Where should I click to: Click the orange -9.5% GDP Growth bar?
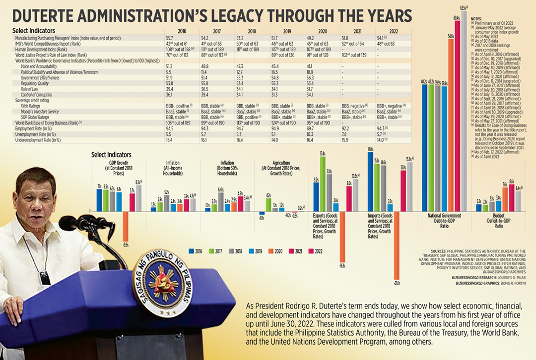coord(126,226)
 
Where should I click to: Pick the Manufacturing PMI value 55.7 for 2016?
coord(169,38)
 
